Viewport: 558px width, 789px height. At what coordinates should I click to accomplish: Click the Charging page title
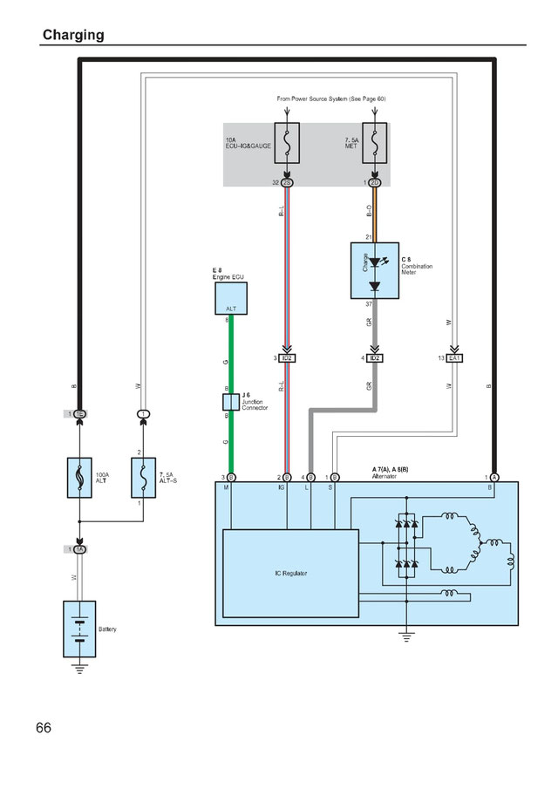(73, 35)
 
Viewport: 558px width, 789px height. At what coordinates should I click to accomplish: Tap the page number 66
(44, 727)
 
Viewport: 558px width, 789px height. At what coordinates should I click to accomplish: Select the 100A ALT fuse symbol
(80, 478)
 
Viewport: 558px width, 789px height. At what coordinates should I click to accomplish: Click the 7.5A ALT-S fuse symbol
(143, 478)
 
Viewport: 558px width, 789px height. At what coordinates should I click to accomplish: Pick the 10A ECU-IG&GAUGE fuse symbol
(287, 146)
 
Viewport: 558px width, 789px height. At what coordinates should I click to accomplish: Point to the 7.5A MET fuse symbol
(374, 146)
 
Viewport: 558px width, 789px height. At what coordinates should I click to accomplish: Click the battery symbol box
(79, 628)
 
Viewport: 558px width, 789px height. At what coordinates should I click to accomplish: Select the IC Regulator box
(290, 573)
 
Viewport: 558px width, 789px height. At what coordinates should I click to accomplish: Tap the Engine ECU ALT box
(231, 299)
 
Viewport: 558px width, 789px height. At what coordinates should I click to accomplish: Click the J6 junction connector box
(231, 402)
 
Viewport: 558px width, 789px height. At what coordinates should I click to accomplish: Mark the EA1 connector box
(454, 358)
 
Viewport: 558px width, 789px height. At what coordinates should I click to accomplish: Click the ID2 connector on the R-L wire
(287, 358)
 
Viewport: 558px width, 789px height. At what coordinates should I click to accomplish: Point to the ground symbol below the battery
(79, 669)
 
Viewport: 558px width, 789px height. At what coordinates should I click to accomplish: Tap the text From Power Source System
(330, 99)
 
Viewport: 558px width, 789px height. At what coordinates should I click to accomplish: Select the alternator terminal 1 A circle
(494, 477)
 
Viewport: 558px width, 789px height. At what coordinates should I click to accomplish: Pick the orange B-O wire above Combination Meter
(374, 214)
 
